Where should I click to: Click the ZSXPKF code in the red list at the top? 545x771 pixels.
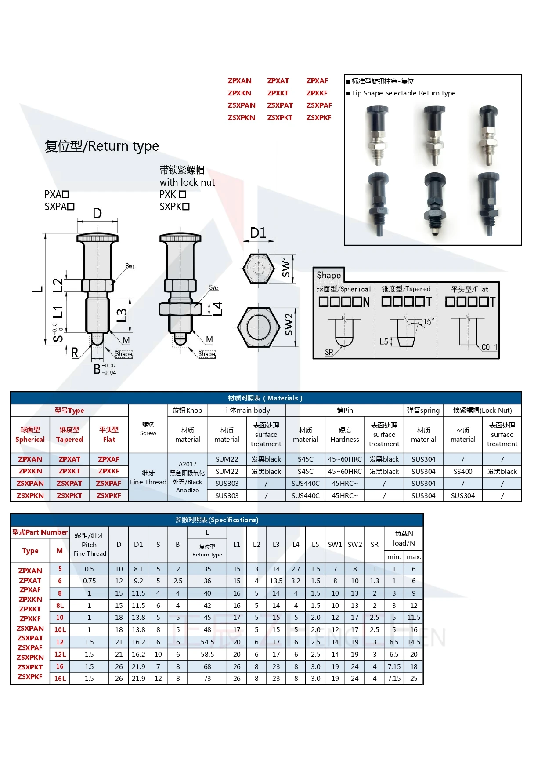tap(318, 118)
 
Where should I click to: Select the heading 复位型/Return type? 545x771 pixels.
tap(101, 146)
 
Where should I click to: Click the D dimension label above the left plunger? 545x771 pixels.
tap(97, 214)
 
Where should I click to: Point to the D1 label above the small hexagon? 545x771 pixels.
tap(258, 233)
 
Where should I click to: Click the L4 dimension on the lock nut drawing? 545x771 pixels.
tap(218, 309)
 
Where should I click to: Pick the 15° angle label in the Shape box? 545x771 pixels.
tap(428, 322)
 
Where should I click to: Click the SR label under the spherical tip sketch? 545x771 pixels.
tap(329, 352)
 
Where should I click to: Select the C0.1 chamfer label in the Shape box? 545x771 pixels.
tap(489, 347)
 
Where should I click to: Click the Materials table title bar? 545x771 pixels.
tap(265, 398)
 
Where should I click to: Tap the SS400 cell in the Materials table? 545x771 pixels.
tap(463, 471)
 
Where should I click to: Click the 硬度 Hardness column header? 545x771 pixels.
tap(345, 435)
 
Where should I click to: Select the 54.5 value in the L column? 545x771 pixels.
tap(207, 642)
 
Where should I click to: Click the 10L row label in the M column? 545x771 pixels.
tap(60, 629)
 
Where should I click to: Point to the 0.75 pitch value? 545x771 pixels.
tap(89, 581)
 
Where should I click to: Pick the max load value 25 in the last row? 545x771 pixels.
tap(414, 678)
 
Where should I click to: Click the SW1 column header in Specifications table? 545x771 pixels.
tap(335, 544)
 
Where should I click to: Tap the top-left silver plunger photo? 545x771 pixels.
tap(377, 135)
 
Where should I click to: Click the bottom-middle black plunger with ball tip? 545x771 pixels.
tap(434, 205)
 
